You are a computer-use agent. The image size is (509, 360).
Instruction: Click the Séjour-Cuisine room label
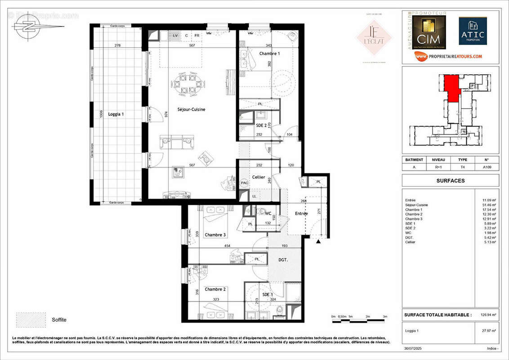191,109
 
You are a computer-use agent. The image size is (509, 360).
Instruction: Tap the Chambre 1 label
269,54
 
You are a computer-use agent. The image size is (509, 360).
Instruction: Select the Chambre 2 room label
215,289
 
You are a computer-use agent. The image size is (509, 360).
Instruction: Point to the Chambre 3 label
215,235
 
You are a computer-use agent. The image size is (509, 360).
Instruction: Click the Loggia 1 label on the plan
116,114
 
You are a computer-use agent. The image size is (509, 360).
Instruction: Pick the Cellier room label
259,177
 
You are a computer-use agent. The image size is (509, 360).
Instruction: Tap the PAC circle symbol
245,183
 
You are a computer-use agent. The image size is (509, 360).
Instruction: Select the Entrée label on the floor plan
301,213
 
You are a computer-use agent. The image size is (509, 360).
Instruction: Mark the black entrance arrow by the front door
318,242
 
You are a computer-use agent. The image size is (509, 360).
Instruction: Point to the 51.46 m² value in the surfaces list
489,205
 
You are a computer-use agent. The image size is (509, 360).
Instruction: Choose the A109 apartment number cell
487,166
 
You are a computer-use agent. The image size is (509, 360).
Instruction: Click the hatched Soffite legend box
31,319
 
